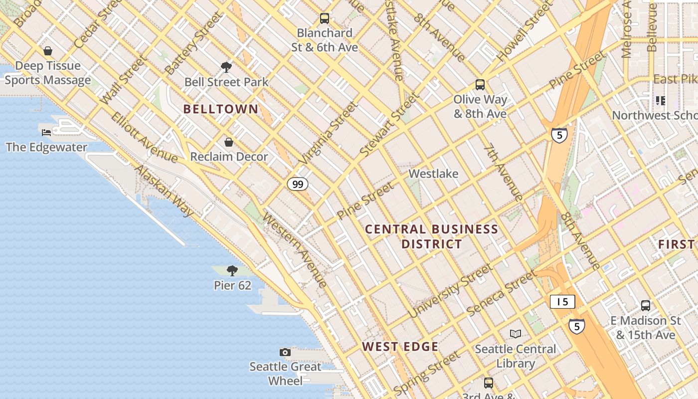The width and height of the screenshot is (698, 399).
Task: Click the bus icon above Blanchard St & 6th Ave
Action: [325, 18]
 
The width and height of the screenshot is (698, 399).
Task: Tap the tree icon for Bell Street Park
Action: [226, 67]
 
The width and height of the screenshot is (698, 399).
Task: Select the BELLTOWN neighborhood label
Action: [221, 109]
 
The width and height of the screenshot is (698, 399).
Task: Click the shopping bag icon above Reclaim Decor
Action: [229, 143]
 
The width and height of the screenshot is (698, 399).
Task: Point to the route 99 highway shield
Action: [298, 185]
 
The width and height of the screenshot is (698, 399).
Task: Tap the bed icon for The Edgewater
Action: [46, 132]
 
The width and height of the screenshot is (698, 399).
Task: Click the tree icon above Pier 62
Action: [232, 271]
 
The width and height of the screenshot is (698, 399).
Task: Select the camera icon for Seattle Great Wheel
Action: [285, 353]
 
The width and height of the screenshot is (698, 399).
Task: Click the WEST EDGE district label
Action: [400, 347]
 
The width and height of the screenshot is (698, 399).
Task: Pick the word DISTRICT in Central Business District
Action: [432, 244]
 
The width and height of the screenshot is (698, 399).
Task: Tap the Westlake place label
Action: [433, 174]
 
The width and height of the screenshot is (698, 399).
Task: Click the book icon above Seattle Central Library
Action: [516, 334]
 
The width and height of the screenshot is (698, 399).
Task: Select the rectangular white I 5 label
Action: [562, 302]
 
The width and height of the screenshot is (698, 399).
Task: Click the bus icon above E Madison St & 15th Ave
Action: [646, 306]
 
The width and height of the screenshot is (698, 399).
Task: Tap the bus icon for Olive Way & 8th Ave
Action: [480, 85]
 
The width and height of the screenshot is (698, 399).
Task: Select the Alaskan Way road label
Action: [164, 191]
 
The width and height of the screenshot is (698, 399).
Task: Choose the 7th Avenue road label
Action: [503, 172]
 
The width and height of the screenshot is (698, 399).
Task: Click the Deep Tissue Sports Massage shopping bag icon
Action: [48, 51]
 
